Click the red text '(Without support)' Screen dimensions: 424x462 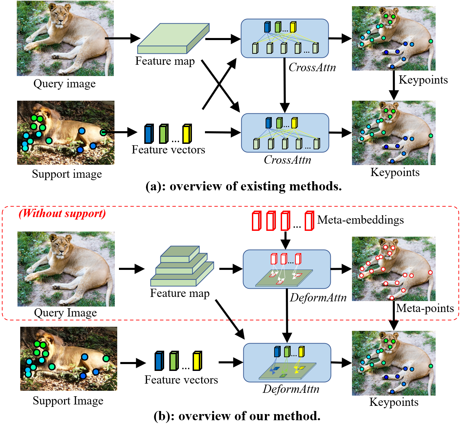click(x=62, y=213)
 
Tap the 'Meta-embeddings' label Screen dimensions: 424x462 click(x=360, y=220)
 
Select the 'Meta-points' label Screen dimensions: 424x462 click(x=425, y=308)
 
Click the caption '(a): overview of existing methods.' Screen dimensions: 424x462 click(x=243, y=186)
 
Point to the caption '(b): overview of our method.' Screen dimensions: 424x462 click(x=237, y=416)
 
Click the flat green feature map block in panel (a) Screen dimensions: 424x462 click(x=173, y=39)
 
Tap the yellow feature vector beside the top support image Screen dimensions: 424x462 click(x=187, y=134)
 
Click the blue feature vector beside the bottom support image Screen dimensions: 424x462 click(x=159, y=361)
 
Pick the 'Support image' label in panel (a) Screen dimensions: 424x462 click(x=67, y=174)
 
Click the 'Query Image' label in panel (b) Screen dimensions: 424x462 click(x=65, y=313)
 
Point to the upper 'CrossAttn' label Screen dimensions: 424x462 click(x=312, y=67)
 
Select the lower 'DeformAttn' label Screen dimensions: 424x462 click(x=291, y=389)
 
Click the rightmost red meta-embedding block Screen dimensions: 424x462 click(x=309, y=221)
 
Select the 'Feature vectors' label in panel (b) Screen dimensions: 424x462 click(x=181, y=380)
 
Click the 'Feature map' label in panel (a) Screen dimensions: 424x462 click(x=165, y=61)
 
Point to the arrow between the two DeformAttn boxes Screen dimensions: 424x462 click(x=287, y=315)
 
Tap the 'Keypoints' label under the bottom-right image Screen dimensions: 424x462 click(x=394, y=402)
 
